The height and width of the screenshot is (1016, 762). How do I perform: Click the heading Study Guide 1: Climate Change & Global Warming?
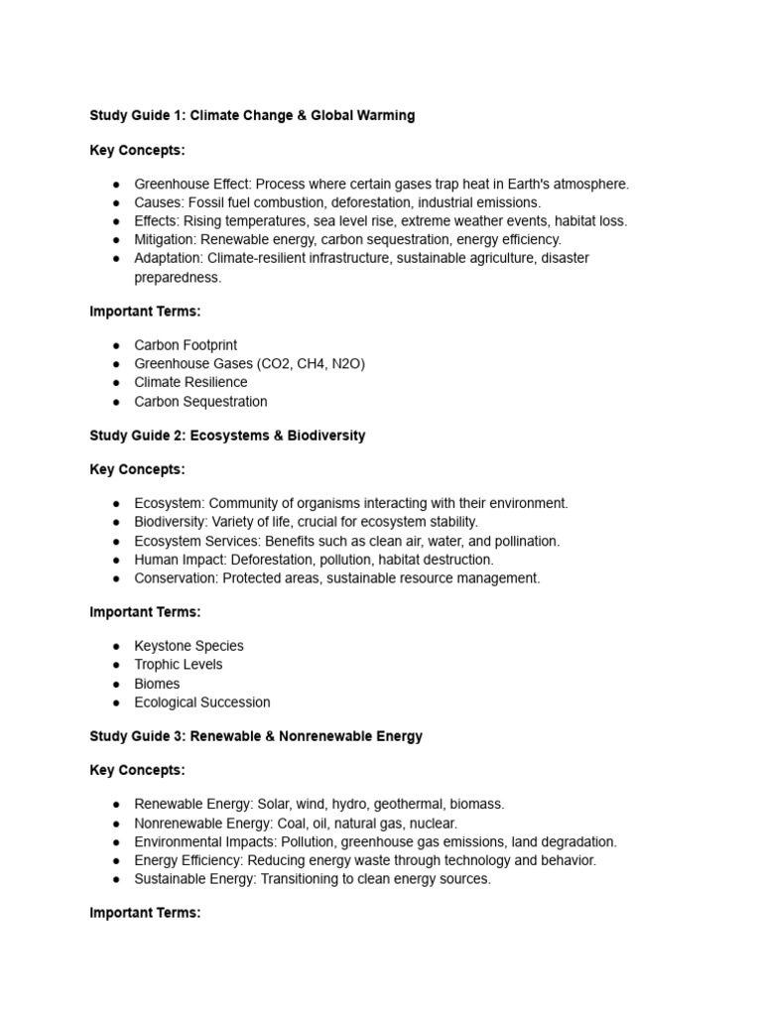point(252,116)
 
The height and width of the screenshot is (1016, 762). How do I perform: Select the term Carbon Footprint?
point(186,345)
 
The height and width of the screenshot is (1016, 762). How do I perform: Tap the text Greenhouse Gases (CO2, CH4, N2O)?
point(249,364)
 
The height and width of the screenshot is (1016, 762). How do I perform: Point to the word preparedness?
point(178,278)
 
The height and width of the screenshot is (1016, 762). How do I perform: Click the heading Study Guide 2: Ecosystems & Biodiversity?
point(227,436)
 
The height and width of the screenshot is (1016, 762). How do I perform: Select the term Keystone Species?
point(189,646)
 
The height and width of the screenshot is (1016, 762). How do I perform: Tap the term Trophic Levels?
point(179,665)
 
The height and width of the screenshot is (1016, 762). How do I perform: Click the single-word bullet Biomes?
point(157,684)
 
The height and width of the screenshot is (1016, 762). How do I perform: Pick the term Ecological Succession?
point(202,702)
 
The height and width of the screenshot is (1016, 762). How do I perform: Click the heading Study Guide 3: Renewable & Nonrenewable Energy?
point(256,736)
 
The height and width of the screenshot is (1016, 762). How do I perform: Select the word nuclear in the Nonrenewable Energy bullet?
point(433,824)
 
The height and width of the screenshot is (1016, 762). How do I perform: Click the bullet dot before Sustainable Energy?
point(116,880)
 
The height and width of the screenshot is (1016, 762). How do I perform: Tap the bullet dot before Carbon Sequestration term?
point(116,402)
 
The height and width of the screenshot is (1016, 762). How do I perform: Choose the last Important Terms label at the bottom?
point(145,913)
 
